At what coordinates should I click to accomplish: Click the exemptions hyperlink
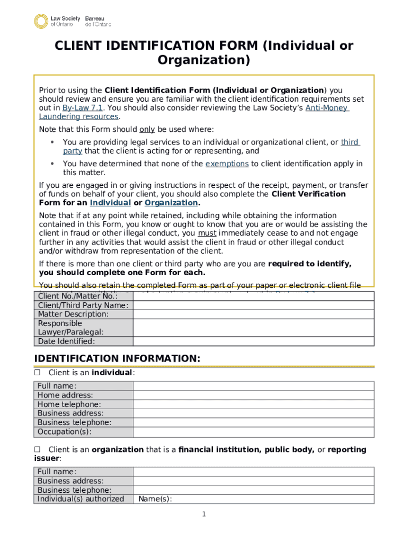click(x=227, y=164)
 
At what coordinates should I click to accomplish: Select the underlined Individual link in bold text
click(x=110, y=203)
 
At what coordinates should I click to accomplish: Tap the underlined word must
click(x=207, y=233)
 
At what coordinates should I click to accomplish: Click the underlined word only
click(x=147, y=130)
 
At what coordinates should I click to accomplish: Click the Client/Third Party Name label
click(x=83, y=305)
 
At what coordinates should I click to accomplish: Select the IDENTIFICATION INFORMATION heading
click(x=118, y=359)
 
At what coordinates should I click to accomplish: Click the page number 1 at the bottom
click(x=204, y=514)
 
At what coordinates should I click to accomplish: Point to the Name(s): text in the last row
click(x=155, y=499)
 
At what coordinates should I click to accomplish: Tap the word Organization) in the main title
click(x=204, y=60)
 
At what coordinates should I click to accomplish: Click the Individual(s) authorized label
click(x=81, y=499)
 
